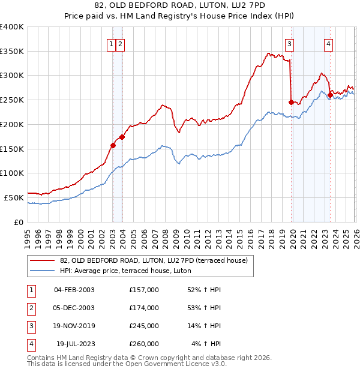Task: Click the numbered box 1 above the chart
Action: coord(112,43)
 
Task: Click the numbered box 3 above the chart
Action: coord(290,43)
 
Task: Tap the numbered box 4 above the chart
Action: coord(329,43)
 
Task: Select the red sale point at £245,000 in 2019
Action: coord(292,103)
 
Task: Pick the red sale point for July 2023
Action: coord(330,95)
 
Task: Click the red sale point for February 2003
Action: coord(113,145)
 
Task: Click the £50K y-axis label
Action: coord(14,197)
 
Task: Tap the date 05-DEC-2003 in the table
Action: coord(74,308)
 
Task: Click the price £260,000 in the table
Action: coord(144,344)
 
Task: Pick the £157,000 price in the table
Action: coord(144,290)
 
